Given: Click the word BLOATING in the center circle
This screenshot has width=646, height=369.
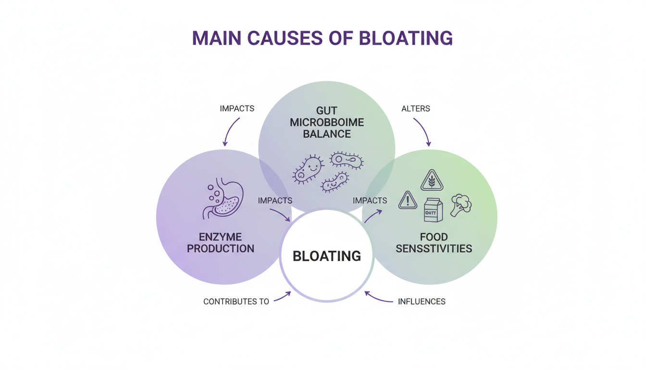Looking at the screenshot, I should [x=326, y=256].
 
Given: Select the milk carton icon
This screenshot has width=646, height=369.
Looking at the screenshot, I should [x=433, y=210].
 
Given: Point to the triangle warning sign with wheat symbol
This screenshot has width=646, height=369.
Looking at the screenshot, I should [x=431, y=181].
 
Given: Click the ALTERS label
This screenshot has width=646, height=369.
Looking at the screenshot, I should [x=415, y=109].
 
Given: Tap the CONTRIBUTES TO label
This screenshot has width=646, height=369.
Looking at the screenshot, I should [x=236, y=302].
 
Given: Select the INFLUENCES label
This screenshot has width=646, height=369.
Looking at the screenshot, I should [x=422, y=302].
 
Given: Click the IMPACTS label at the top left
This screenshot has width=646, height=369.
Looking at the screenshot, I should [x=237, y=109].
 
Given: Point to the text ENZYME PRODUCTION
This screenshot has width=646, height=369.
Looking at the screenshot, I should [x=221, y=243].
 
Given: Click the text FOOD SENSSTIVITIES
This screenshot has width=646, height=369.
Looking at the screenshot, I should [x=434, y=243].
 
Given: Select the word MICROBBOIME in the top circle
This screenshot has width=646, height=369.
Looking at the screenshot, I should [x=327, y=123].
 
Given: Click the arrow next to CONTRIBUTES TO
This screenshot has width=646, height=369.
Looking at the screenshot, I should [x=283, y=296].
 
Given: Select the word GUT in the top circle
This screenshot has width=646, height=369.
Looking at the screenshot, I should [x=327, y=111].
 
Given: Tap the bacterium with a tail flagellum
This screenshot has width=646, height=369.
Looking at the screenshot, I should [x=346, y=160].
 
